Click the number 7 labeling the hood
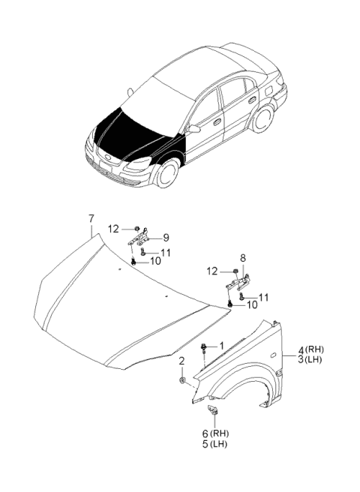point(91,219)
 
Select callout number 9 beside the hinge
point(166,238)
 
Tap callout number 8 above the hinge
point(242,257)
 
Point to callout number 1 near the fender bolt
point(221,345)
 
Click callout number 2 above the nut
point(181,362)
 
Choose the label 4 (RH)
point(310,349)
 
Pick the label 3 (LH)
point(310,361)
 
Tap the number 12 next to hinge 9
point(113,229)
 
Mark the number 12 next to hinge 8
point(214,271)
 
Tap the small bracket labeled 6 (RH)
point(212,409)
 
